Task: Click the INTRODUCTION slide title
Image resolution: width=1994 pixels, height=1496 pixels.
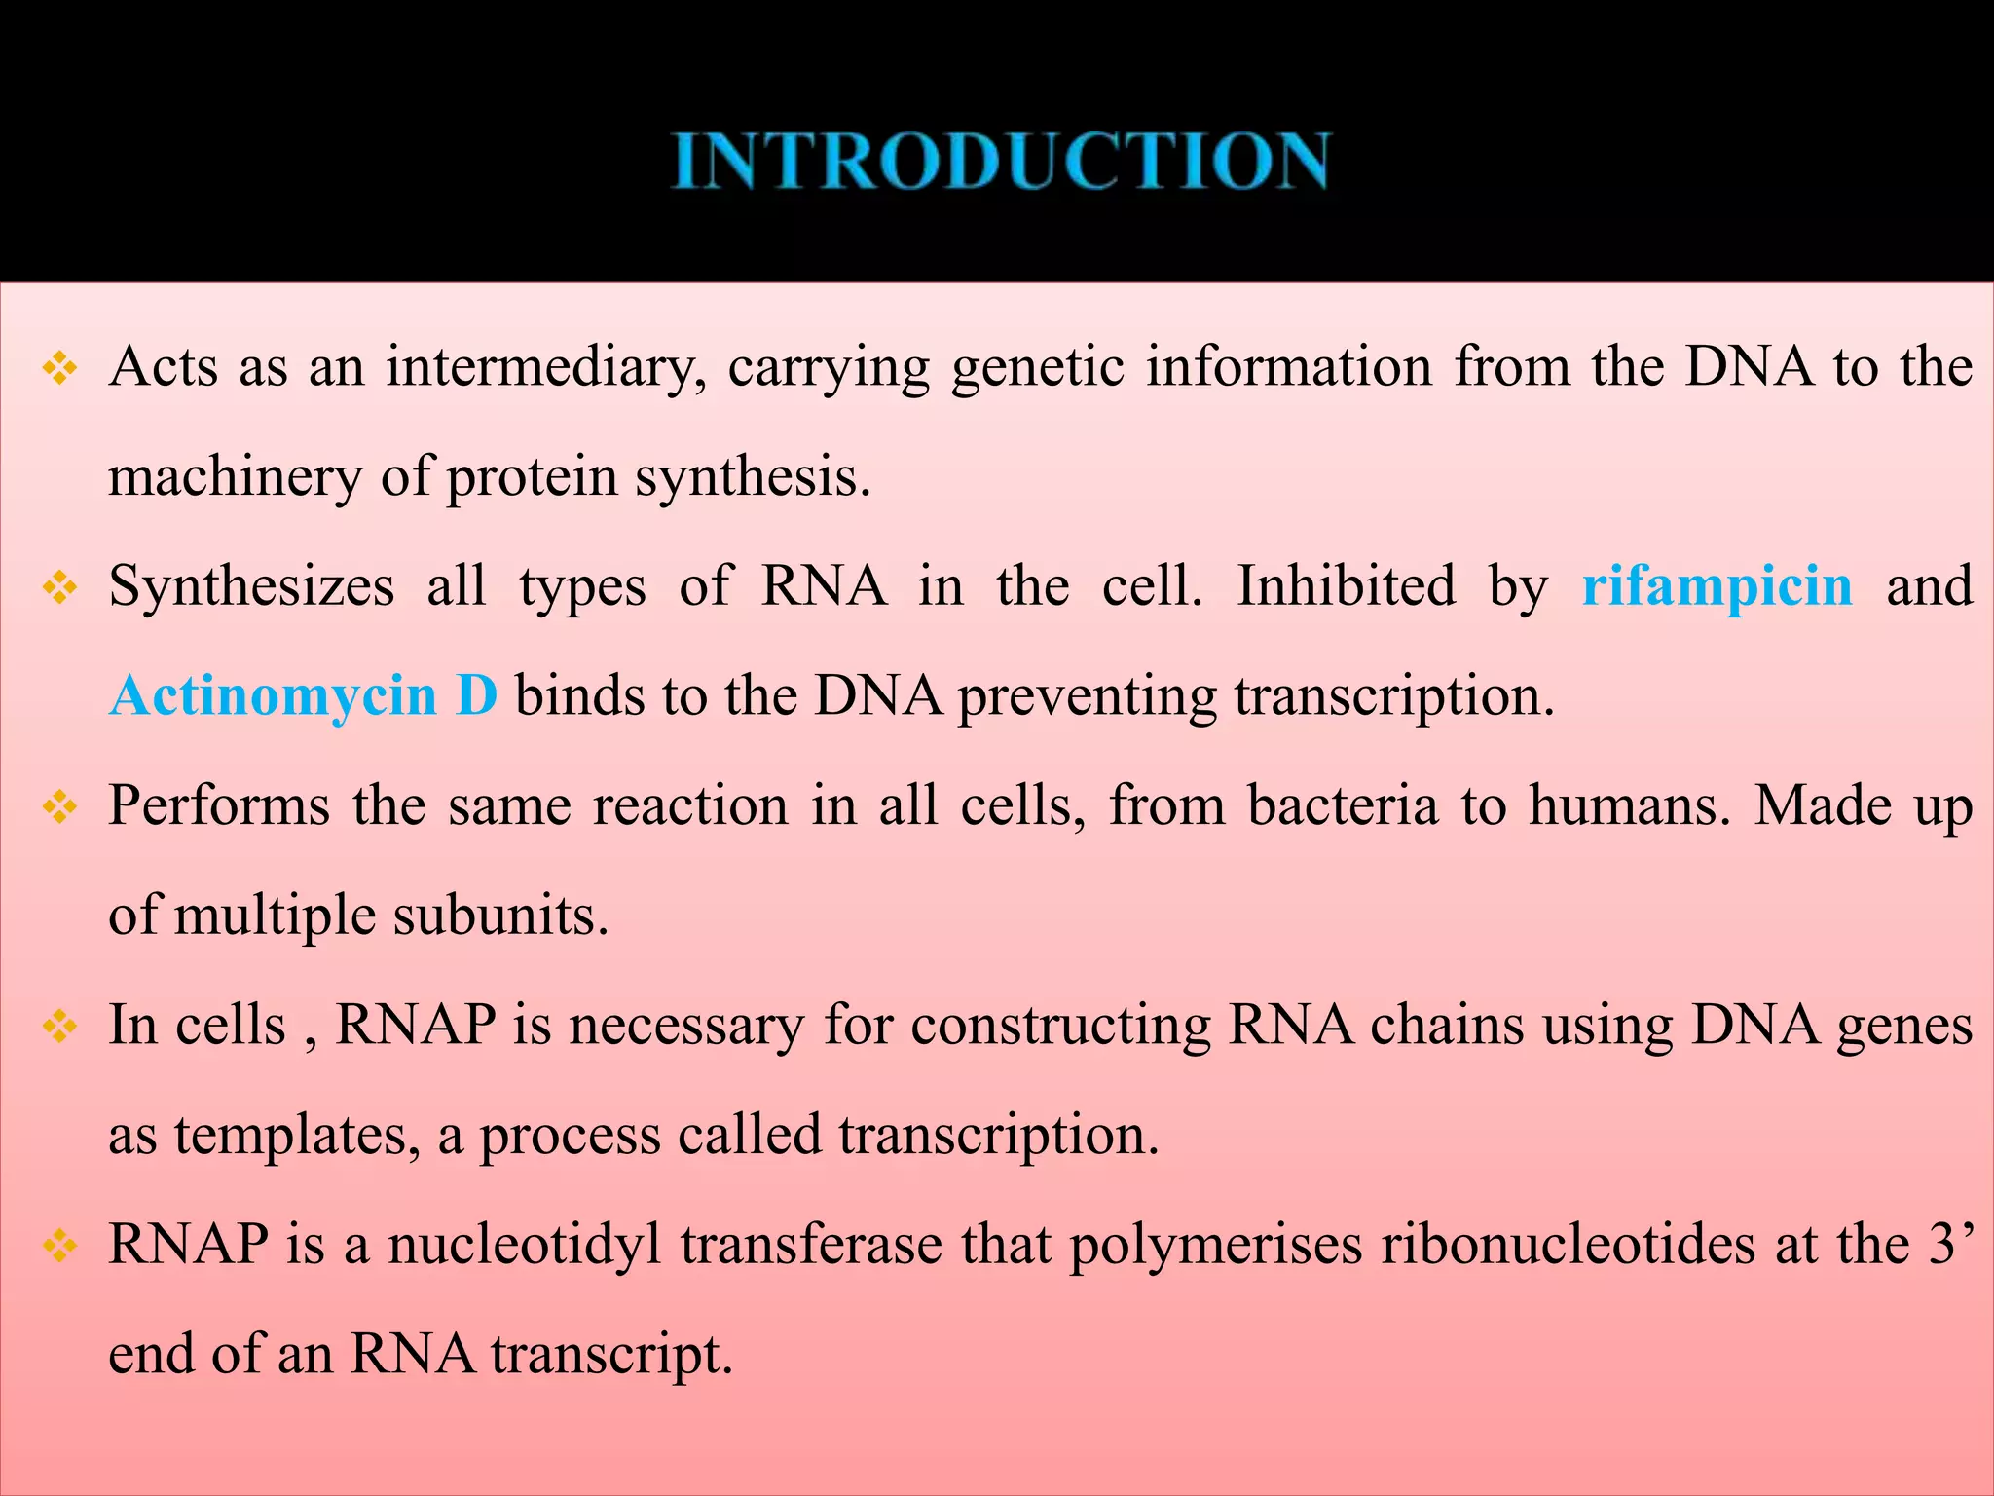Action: point(1001,162)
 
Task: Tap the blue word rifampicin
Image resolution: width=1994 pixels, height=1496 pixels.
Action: point(1717,587)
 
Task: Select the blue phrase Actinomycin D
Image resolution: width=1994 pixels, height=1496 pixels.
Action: point(304,697)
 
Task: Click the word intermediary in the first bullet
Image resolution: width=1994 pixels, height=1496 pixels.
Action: point(546,368)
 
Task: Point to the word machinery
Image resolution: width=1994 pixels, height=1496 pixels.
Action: point(234,478)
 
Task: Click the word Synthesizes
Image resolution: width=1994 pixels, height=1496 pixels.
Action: point(251,587)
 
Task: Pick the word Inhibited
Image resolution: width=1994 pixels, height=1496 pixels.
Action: point(1346,587)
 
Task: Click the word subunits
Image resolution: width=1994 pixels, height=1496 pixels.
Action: point(500,916)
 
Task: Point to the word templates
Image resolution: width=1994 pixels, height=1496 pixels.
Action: point(297,1137)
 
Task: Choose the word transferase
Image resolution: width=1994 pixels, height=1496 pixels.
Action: point(810,1246)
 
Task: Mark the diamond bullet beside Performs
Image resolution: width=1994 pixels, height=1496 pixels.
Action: point(60,807)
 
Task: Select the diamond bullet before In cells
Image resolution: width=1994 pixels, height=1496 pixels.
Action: point(60,1027)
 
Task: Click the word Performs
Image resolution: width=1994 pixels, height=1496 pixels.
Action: point(219,806)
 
